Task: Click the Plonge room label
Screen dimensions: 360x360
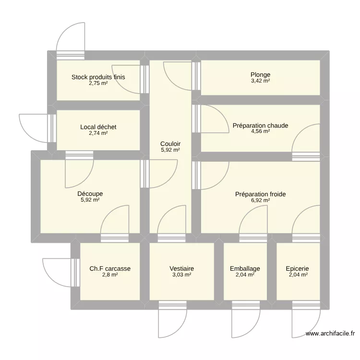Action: tap(260, 75)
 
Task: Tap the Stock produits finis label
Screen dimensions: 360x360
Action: tap(98, 77)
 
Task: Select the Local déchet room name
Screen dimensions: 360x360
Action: tap(98, 127)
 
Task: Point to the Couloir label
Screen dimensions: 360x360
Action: tap(170, 144)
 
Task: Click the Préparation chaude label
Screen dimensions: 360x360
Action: tap(260, 126)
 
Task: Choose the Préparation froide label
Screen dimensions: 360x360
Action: tap(260, 194)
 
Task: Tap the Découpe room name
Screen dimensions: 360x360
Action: tap(90, 194)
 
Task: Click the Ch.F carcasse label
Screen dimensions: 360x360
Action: tap(110, 269)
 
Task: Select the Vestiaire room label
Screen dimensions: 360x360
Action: tap(181, 269)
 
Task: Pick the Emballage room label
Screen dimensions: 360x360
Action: tap(245, 269)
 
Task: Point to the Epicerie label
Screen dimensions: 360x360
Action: tap(297, 269)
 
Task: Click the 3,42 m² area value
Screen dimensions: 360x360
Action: tap(260, 81)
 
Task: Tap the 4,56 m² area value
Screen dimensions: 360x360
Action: tap(260, 132)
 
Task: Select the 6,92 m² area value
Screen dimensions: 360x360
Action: tap(260, 201)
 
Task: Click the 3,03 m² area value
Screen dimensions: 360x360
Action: tap(181, 275)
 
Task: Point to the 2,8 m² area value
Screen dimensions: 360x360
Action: tap(110, 275)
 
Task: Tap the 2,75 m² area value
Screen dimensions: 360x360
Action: tap(98, 83)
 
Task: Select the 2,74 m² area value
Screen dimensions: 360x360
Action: tap(98, 133)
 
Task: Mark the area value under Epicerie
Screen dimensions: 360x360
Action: tap(297, 275)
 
